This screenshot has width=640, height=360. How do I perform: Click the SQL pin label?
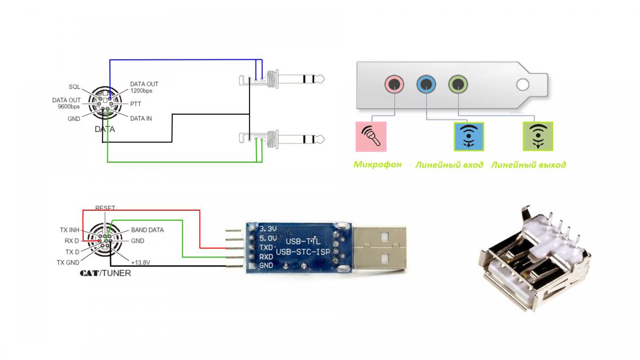pyautogui.click(x=74, y=86)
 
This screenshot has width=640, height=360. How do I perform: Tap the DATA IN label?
pyautogui.click(x=141, y=118)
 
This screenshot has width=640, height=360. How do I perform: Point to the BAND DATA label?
pyautogui.click(x=147, y=230)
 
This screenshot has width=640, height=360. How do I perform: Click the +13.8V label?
pyautogui.click(x=140, y=262)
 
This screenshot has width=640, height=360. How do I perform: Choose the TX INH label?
pyautogui.click(x=69, y=230)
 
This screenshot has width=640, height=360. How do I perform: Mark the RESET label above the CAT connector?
pyautogui.click(x=105, y=207)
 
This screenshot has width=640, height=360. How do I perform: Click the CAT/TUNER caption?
pyautogui.click(x=105, y=273)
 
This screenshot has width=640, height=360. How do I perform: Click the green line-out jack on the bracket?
pyautogui.click(x=458, y=84)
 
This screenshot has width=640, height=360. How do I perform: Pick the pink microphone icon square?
pyautogui.click(x=371, y=137)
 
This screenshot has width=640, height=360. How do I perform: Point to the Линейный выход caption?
pyautogui.click(x=528, y=165)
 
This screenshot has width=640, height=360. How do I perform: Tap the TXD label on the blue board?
pyautogui.click(x=266, y=248)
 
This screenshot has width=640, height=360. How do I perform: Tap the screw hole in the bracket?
pyautogui.click(x=523, y=84)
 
